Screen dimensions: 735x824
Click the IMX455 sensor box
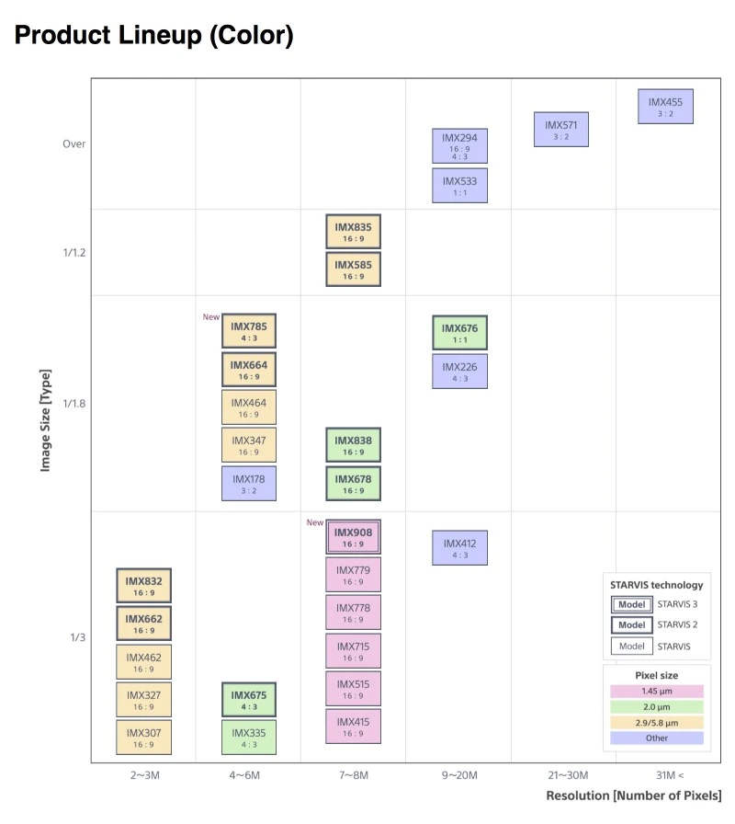665,107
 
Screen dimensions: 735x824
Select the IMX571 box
561,130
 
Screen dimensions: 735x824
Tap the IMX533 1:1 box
460,186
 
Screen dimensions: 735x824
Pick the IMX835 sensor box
354,231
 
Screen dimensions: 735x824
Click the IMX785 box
249,331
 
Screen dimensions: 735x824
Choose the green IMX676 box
460,333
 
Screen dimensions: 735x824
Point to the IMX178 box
249,484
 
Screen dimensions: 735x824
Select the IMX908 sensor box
354,537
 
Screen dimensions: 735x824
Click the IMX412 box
460,548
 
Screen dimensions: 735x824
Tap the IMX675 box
249,700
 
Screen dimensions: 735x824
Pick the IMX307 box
144,738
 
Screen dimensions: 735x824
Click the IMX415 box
354,727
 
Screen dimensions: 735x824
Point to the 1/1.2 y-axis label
74,253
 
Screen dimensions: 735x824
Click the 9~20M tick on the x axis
460,775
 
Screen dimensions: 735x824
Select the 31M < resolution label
670,775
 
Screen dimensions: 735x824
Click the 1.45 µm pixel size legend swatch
657,691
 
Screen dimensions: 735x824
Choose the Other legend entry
657,738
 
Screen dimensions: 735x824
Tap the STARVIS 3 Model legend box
631,604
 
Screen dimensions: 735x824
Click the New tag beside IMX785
211,317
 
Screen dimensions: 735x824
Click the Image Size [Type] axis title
46,420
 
